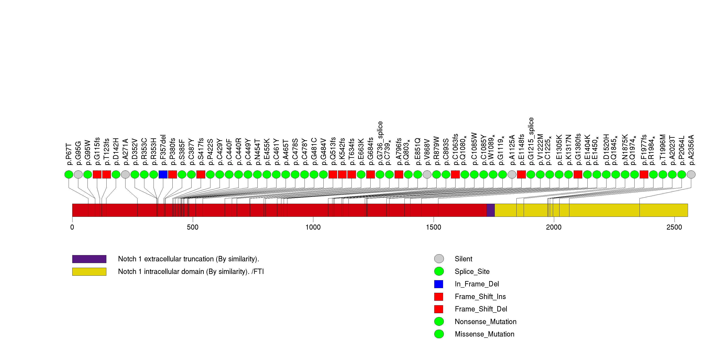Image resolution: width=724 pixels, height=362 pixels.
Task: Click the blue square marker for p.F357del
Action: click(x=163, y=175)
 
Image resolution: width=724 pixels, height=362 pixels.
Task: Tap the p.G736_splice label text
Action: click(x=380, y=143)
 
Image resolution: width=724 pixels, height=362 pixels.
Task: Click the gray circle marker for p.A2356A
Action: click(x=691, y=175)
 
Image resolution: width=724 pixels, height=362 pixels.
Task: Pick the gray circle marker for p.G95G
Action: click(x=78, y=175)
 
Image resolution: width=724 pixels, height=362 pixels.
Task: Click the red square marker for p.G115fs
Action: click(x=97, y=175)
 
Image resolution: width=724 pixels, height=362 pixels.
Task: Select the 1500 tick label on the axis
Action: click(x=433, y=227)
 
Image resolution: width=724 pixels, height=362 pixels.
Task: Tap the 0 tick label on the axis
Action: click(x=72, y=227)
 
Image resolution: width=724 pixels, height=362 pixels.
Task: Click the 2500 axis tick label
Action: click(x=674, y=227)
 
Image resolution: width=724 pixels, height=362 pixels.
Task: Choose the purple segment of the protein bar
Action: click(x=490, y=210)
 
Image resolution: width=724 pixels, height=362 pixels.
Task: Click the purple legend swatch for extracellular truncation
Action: click(x=89, y=259)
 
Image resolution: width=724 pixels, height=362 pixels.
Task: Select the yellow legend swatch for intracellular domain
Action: click(x=89, y=272)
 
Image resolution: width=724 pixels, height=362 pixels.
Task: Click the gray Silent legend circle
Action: click(x=439, y=259)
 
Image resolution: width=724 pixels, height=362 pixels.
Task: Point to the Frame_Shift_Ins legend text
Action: click(x=480, y=297)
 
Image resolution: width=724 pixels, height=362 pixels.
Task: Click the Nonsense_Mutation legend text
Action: click(x=485, y=322)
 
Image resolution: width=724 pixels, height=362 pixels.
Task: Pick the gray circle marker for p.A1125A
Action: click(x=512, y=175)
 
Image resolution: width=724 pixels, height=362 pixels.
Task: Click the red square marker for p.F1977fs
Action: click(x=644, y=175)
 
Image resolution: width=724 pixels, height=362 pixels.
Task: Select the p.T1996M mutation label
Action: click(x=663, y=150)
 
